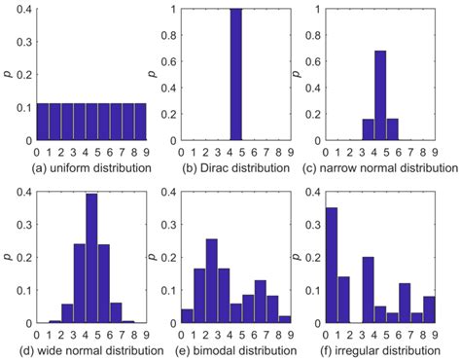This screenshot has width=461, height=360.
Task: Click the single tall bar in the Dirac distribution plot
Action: (235, 75)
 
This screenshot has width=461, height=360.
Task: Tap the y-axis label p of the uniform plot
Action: (8, 75)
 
